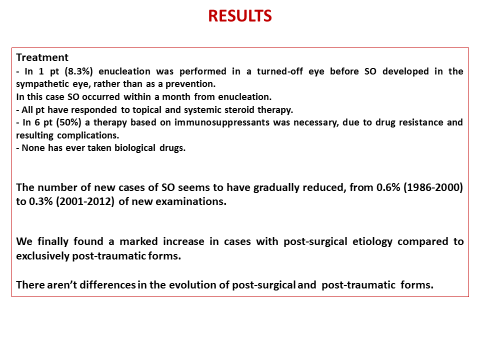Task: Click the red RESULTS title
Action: [x=240, y=17]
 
